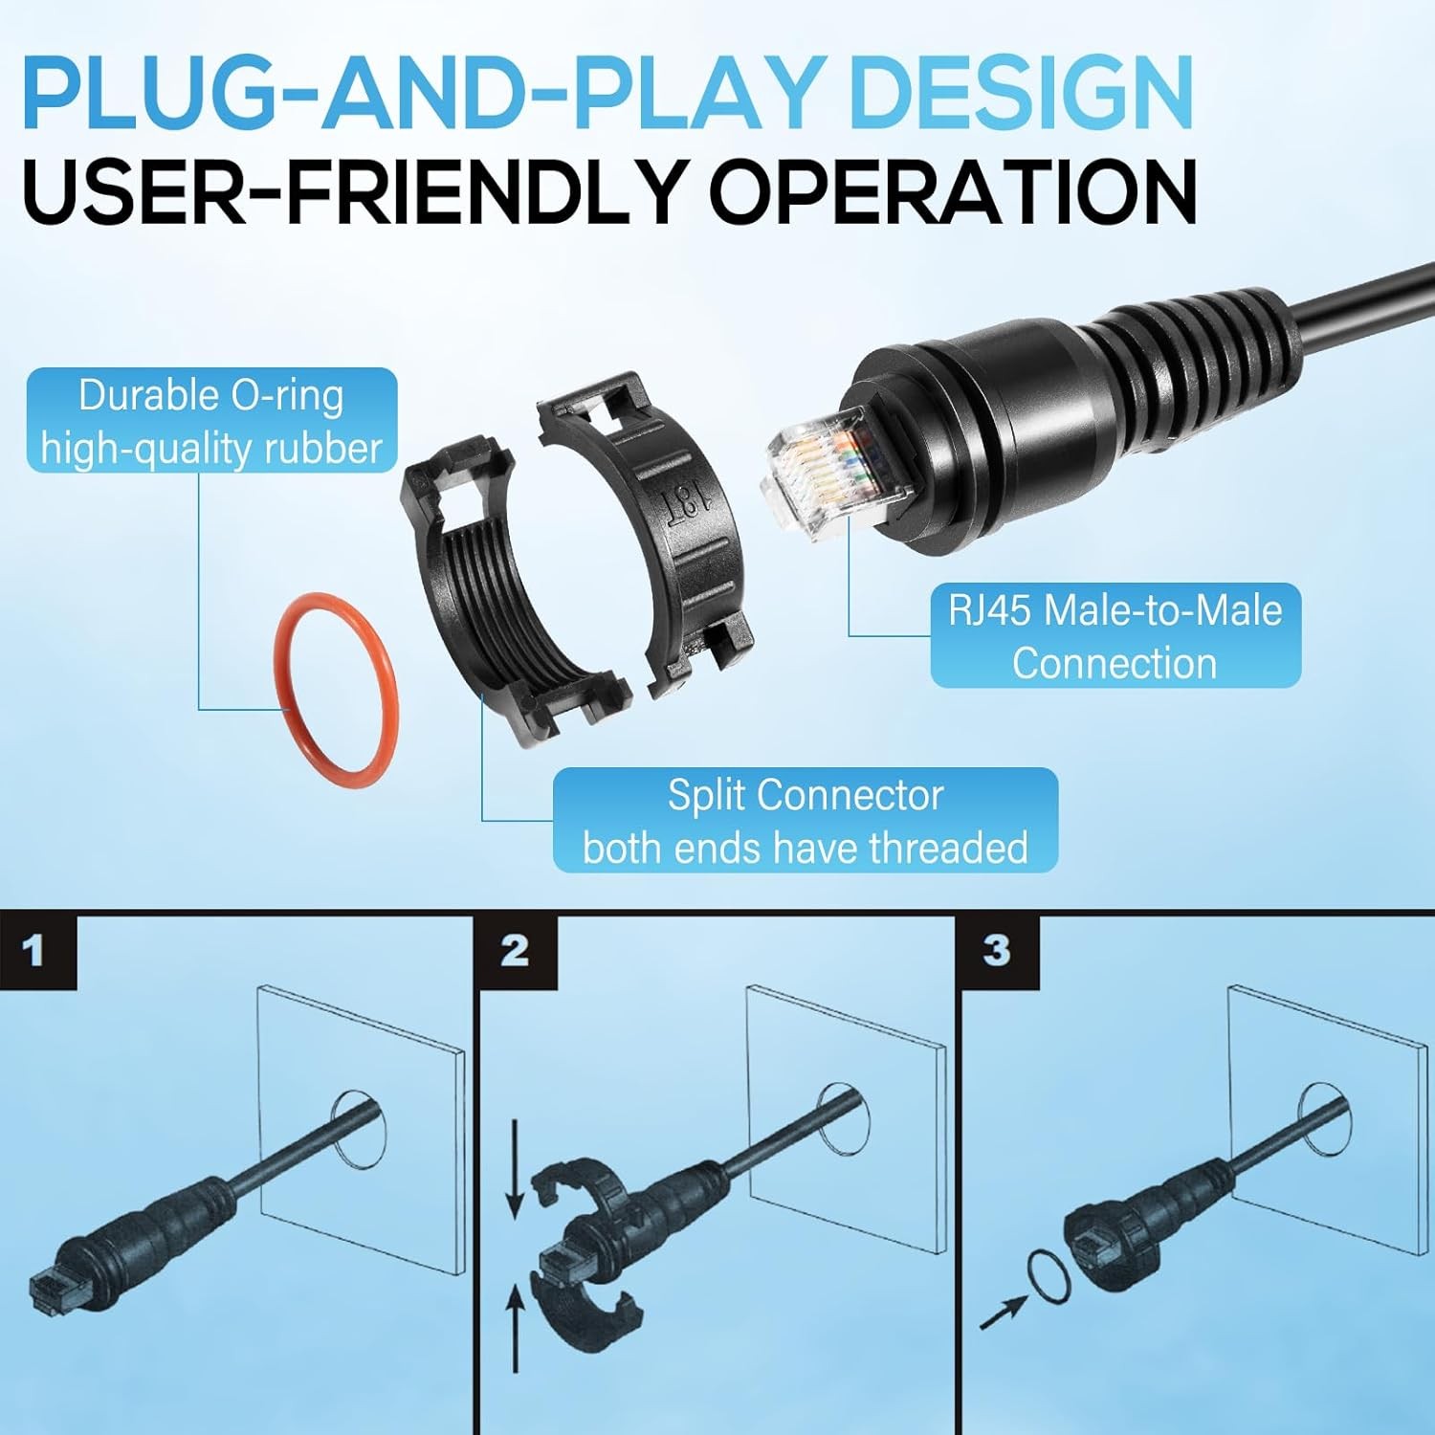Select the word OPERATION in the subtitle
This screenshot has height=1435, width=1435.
click(x=953, y=190)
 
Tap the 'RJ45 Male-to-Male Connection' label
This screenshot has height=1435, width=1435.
click(x=1115, y=635)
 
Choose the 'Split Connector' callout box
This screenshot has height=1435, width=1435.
click(x=806, y=821)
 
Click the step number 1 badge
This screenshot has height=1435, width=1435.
click(x=36, y=951)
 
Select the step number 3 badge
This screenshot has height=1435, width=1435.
click(x=998, y=951)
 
